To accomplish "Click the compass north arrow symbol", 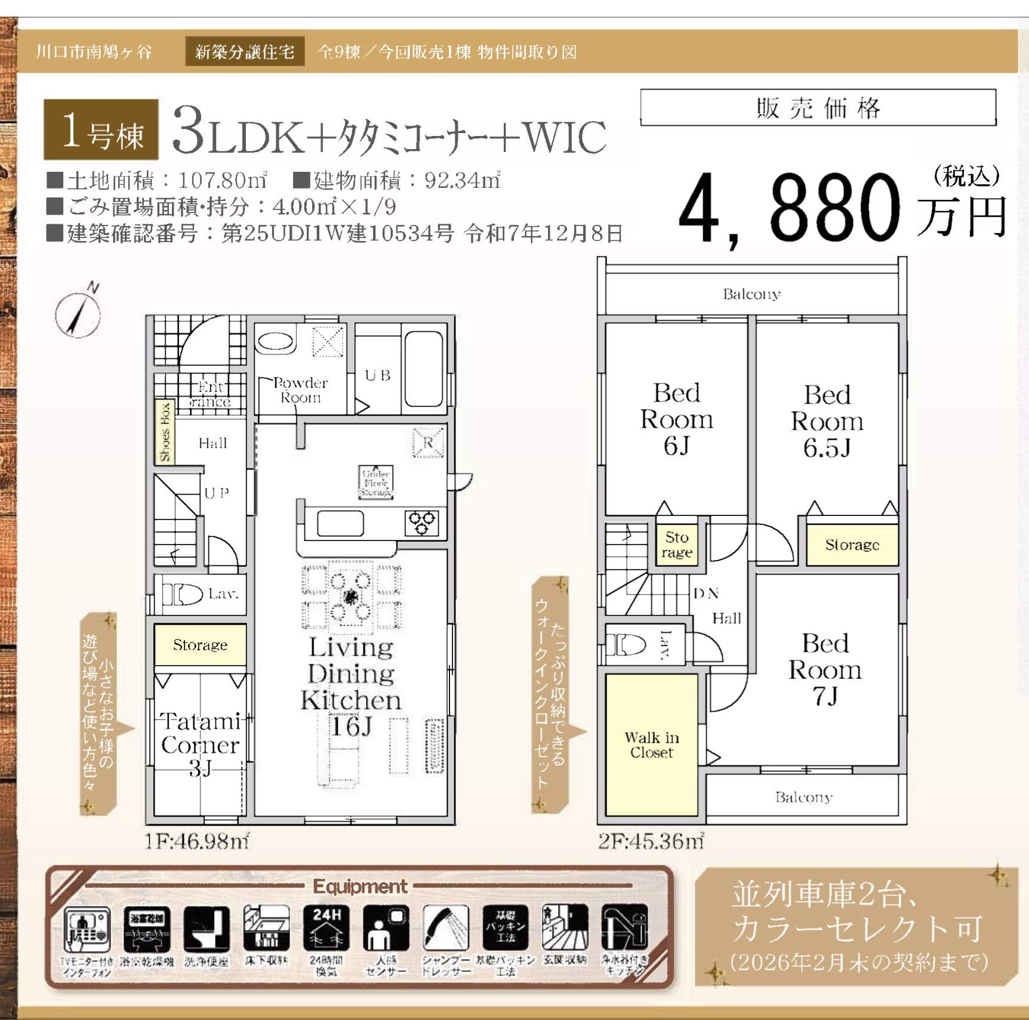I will pyautogui.click(x=78, y=313).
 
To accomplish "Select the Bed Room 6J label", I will pyautogui.click(x=676, y=419).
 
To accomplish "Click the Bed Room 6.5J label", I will pyautogui.click(x=827, y=421).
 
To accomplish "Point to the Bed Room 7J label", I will pyautogui.click(x=825, y=669).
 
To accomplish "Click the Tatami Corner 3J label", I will pyautogui.click(x=200, y=744).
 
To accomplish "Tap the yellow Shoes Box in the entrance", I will pyautogui.click(x=165, y=432).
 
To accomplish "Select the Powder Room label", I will pyautogui.click(x=300, y=390).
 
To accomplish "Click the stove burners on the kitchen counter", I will pyautogui.click(x=423, y=523).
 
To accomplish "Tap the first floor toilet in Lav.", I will pyautogui.click(x=182, y=594).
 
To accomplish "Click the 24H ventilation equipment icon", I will pyautogui.click(x=326, y=928).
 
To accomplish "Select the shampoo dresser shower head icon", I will pyautogui.click(x=446, y=928).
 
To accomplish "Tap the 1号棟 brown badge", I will pyautogui.click(x=101, y=129).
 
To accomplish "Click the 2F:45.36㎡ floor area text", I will pyautogui.click(x=651, y=841).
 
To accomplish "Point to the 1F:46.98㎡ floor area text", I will pyautogui.click(x=196, y=841).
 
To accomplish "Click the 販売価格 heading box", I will pyautogui.click(x=818, y=108).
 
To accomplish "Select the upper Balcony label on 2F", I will pyautogui.click(x=751, y=293).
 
